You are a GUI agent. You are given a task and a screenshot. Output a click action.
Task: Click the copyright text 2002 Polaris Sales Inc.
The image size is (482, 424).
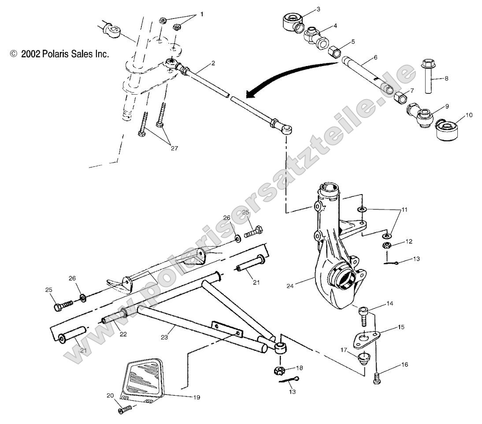click(x=59, y=54)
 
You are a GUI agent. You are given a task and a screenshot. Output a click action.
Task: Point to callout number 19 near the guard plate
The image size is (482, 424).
click(x=196, y=397)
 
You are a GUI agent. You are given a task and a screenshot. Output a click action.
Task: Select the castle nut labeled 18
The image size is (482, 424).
click(x=280, y=369)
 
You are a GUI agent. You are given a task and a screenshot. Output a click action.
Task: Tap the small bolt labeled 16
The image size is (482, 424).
click(x=377, y=378)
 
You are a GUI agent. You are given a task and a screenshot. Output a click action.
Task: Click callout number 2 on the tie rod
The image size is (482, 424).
click(x=213, y=63)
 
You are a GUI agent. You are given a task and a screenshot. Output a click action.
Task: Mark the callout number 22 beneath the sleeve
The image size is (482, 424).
click(x=122, y=334)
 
